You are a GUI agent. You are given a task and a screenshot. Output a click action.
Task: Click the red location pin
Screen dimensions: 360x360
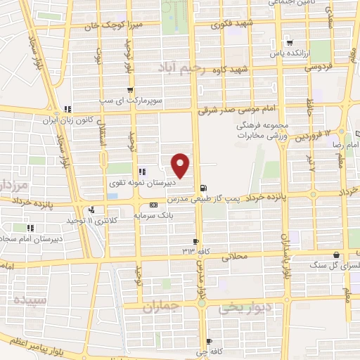tap(181, 164)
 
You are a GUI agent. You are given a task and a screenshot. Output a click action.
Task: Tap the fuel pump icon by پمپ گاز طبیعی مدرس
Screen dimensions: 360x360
tap(204, 188)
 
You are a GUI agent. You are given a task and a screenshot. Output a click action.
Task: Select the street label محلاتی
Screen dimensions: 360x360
tap(236, 257)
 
